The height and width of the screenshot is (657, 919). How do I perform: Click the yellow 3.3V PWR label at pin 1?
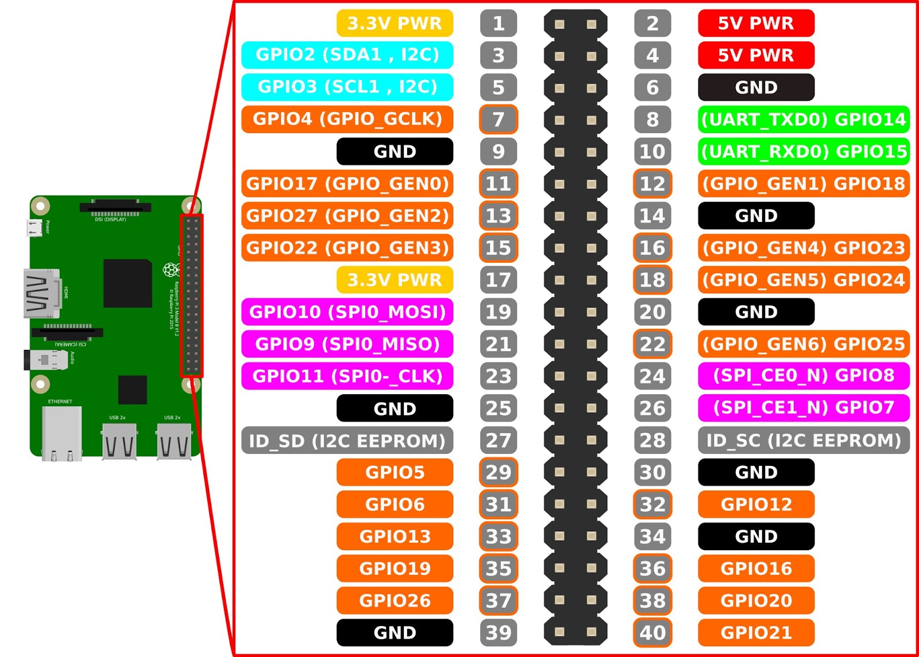pyautogui.click(x=395, y=23)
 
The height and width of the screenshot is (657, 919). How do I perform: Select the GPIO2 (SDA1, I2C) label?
pyautogui.click(x=347, y=55)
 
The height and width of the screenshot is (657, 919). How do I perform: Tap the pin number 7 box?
pyautogui.click(x=498, y=119)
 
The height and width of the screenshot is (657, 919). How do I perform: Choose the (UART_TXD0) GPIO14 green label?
pyautogui.click(x=804, y=119)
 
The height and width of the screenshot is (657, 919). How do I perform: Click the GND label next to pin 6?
pyautogui.click(x=756, y=87)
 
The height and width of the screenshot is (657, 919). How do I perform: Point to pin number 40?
pyautogui.click(x=652, y=632)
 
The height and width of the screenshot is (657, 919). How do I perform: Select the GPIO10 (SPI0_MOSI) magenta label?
pyautogui.click(x=347, y=312)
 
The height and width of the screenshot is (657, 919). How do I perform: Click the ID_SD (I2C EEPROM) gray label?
pyautogui.click(x=347, y=440)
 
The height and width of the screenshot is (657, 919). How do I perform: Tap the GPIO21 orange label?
pyautogui.click(x=756, y=632)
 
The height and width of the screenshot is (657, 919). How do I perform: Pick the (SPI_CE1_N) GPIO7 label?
pyautogui.click(x=804, y=407)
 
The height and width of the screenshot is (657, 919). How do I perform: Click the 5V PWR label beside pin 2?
pyautogui.click(x=756, y=23)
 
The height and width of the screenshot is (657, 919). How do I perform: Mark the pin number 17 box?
pyautogui.click(x=498, y=279)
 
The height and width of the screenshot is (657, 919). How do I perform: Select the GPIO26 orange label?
pyautogui.click(x=395, y=600)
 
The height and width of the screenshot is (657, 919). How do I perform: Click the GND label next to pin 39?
pyautogui.click(x=395, y=632)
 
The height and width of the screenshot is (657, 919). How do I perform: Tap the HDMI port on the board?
pyautogui.click(x=41, y=293)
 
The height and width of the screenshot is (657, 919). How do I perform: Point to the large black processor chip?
pyautogui.click(x=128, y=283)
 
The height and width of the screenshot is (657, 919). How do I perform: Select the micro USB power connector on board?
pyautogui.click(x=34, y=228)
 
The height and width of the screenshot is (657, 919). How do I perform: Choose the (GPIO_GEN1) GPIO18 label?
pyautogui.click(x=804, y=184)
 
